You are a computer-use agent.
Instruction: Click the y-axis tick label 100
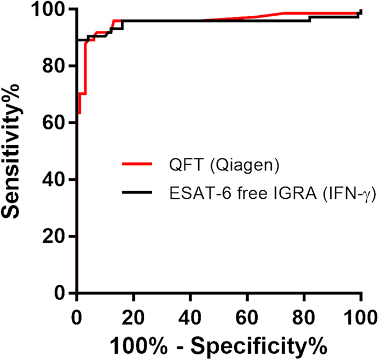[x=52, y=10]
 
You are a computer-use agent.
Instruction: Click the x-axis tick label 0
[x=77, y=312]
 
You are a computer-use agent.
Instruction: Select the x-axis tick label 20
[x=134, y=312]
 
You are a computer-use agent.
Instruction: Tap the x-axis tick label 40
[x=191, y=312]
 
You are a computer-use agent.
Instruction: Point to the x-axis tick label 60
[x=248, y=312]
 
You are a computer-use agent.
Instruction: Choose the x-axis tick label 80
[x=304, y=312]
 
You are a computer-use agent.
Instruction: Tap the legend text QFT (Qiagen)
[x=203, y=165]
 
